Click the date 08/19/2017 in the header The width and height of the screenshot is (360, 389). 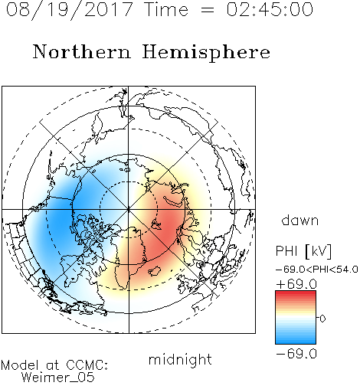click(70, 10)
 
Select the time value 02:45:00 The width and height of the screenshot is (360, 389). click(270, 9)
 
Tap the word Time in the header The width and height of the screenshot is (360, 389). click(166, 9)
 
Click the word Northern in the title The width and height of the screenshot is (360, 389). click(82, 51)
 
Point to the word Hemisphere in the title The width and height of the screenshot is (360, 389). click(206, 53)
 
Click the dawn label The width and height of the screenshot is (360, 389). click(300, 220)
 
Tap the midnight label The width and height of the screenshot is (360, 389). click(180, 360)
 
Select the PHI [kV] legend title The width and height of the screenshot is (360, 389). click(303, 251)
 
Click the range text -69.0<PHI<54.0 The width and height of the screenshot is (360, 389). click(316, 270)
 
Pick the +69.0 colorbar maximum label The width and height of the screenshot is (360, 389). click(296, 284)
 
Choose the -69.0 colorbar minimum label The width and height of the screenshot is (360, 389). click(296, 354)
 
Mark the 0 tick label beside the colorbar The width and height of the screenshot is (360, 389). click(322, 319)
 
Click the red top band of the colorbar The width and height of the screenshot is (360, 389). click(296, 293)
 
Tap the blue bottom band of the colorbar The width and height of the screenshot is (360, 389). click(296, 341)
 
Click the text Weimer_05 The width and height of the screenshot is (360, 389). click(58, 378)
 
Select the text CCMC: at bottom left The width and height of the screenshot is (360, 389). click(87, 365)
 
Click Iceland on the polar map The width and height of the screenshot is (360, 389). click(154, 271)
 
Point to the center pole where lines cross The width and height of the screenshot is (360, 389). click(129, 210)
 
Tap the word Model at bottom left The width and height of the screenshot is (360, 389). click(20, 365)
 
